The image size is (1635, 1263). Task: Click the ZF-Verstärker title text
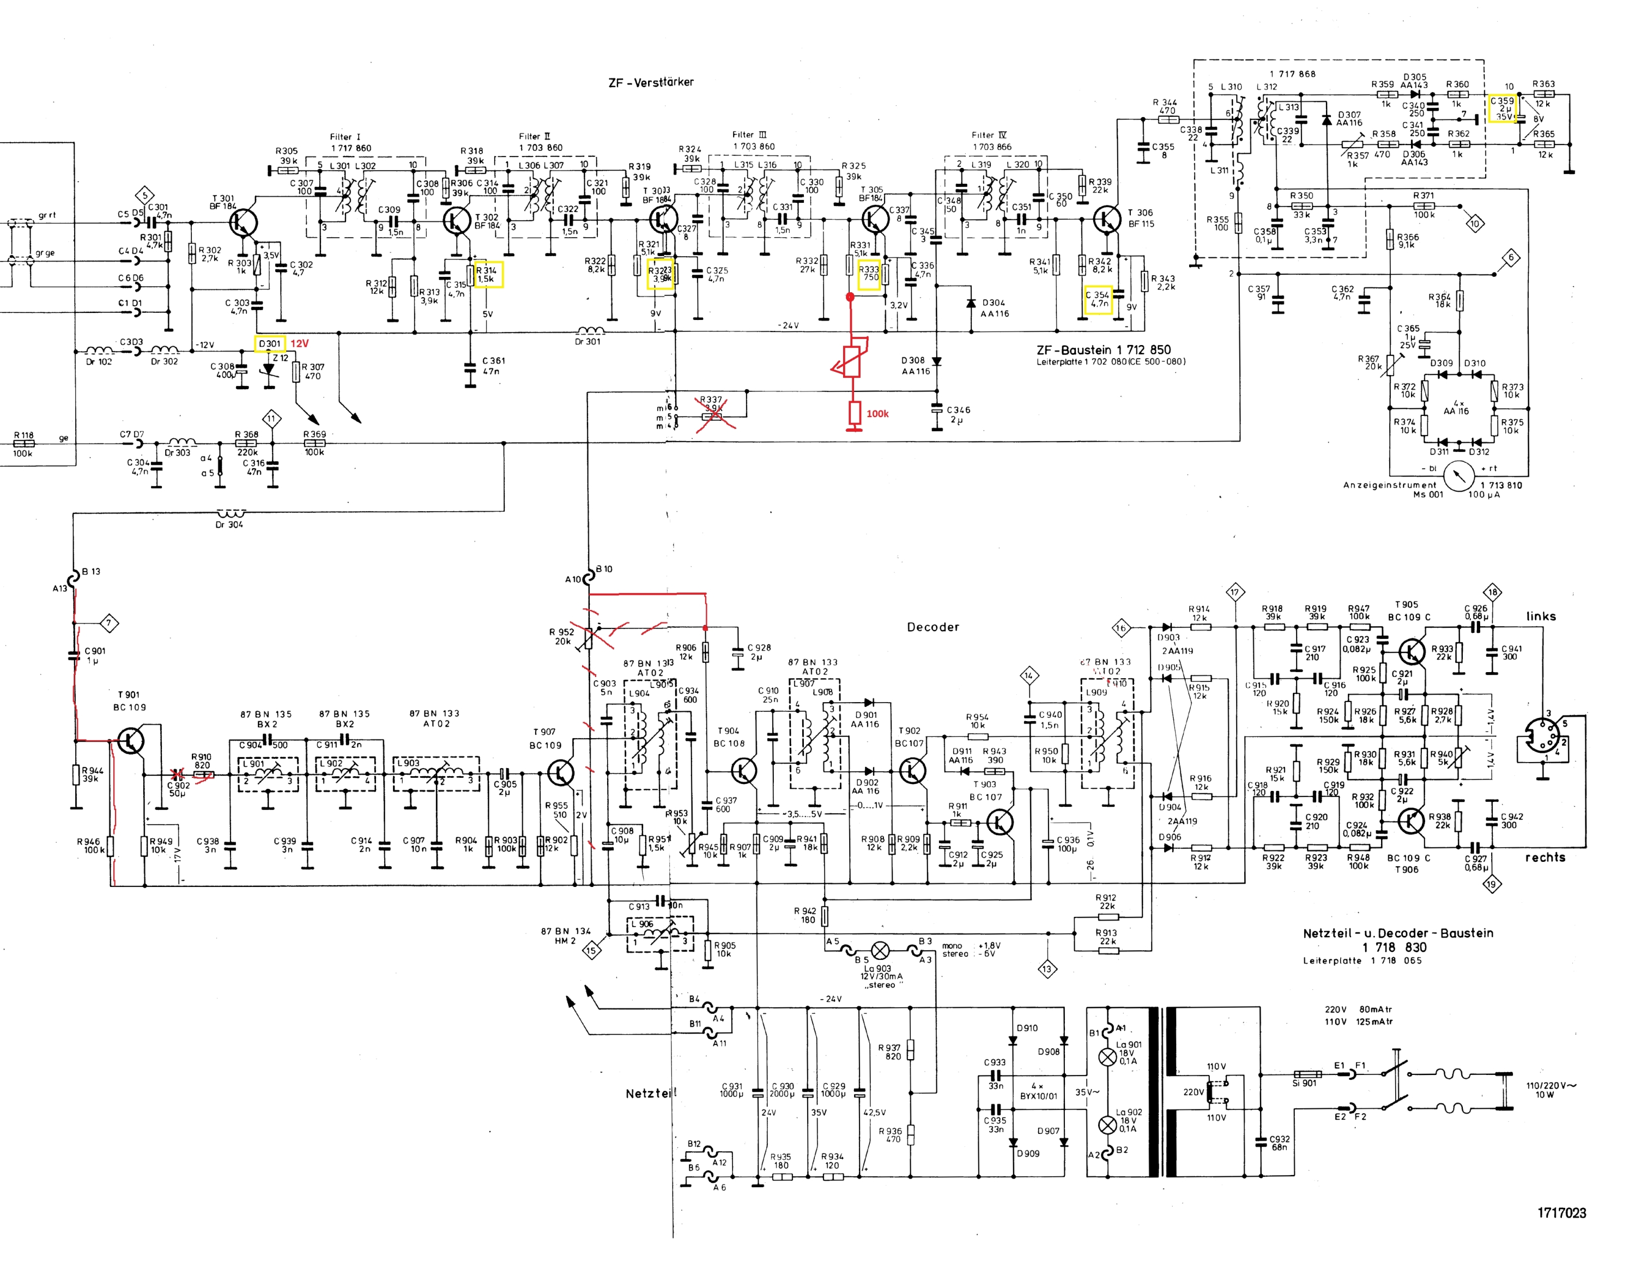click(x=651, y=82)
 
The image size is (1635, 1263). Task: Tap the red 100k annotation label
click(x=877, y=413)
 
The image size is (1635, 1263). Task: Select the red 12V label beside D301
click(x=299, y=343)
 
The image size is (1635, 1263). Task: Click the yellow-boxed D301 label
click(x=270, y=343)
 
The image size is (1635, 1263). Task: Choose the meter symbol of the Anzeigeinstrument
click(x=1458, y=477)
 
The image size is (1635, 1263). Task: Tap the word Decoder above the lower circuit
click(x=933, y=627)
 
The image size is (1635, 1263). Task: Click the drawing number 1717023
click(x=1561, y=1213)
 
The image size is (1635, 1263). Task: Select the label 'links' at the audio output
click(x=1541, y=616)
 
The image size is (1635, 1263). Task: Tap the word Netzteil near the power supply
click(x=650, y=1093)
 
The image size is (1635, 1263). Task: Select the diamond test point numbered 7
click(x=110, y=623)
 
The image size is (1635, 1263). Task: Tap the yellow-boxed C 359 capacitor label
click(x=1501, y=108)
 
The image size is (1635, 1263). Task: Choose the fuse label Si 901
click(x=1304, y=1083)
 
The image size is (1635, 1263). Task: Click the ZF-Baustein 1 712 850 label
click(x=1104, y=349)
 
